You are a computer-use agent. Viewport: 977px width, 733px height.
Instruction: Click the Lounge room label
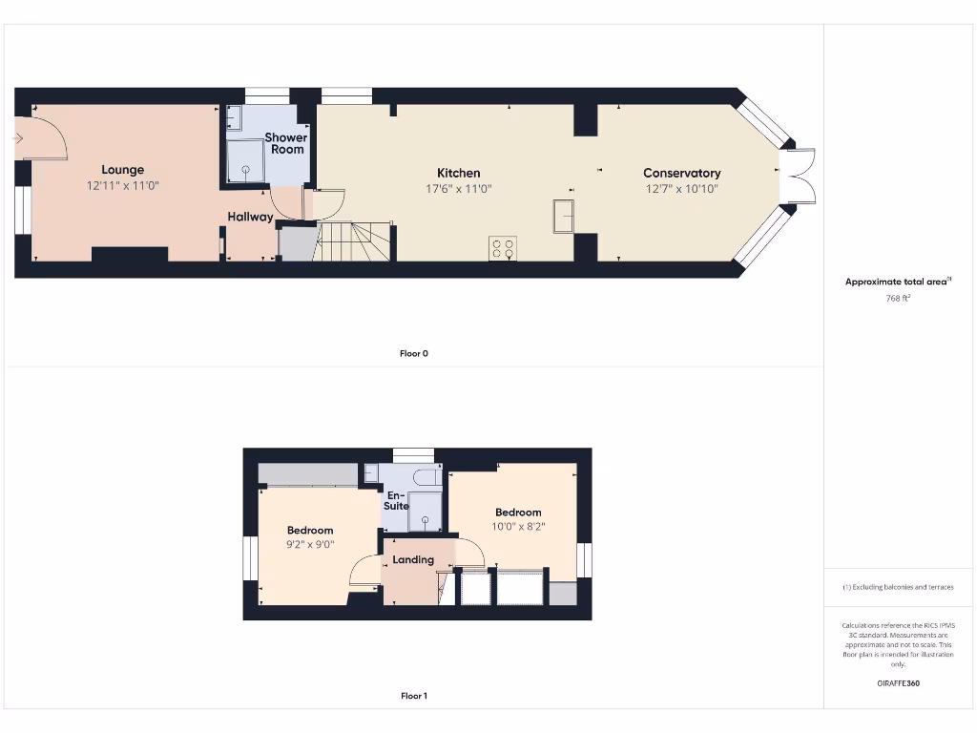coord(122,170)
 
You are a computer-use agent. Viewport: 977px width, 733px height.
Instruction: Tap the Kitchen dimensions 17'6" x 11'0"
coord(459,189)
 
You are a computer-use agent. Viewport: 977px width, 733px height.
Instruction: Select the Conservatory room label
coord(681,173)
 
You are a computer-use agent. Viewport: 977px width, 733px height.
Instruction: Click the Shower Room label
coord(286,143)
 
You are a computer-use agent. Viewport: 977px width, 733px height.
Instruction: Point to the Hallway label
coord(250,217)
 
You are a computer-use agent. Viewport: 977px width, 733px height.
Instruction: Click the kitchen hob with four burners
coord(503,248)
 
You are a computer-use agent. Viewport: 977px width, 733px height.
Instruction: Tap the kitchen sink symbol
coord(563,216)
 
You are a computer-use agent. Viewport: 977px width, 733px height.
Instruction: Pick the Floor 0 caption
coord(414,353)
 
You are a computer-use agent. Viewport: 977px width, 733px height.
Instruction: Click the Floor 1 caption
coord(414,696)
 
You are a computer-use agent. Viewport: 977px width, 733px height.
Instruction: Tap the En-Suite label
coord(396,500)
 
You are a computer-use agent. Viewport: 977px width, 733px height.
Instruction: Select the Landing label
coord(413,559)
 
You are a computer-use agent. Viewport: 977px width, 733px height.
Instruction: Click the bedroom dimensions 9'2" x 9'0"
coord(311,545)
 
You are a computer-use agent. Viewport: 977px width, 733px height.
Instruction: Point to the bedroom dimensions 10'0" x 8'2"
coord(518,526)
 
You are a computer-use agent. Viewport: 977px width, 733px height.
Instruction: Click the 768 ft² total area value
coord(898,299)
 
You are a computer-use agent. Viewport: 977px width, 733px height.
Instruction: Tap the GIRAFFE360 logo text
coord(898,683)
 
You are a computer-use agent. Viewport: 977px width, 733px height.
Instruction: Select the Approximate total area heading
coord(898,282)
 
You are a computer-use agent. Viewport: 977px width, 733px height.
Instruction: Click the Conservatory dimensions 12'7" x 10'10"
coord(681,189)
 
